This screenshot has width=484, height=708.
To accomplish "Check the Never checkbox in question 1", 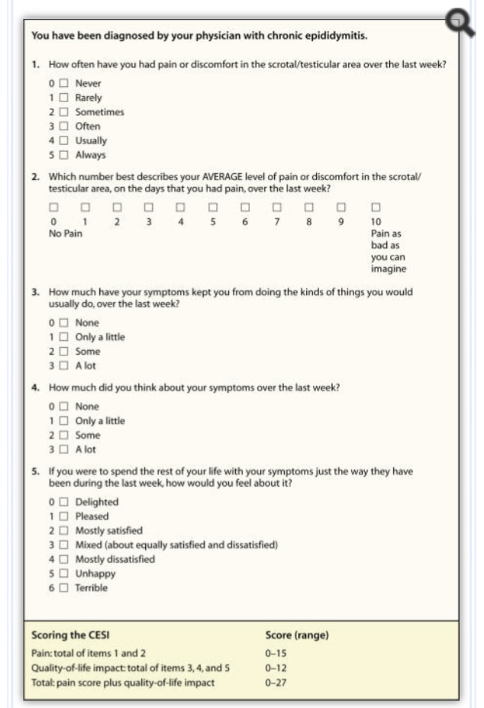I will point(64,83).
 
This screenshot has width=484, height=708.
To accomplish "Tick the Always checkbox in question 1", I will point(64,155).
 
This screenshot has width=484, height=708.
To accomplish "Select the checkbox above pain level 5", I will point(214,207).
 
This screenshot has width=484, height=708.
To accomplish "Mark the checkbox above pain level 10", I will point(375,207).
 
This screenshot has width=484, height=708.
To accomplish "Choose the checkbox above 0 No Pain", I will point(53,207).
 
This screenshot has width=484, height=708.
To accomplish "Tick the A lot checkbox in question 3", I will point(64,366).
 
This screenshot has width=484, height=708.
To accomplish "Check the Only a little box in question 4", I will point(64,421).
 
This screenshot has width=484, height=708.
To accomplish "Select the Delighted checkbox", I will point(64,502).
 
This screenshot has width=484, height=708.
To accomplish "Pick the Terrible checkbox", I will point(64,588).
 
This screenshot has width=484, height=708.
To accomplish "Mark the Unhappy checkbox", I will point(64,574).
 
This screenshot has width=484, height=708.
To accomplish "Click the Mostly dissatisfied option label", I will point(115,559).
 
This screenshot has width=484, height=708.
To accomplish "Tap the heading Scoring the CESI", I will point(66,634).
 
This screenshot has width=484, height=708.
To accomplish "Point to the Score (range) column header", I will point(297,634).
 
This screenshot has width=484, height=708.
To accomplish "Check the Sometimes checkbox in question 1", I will point(64,112).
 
